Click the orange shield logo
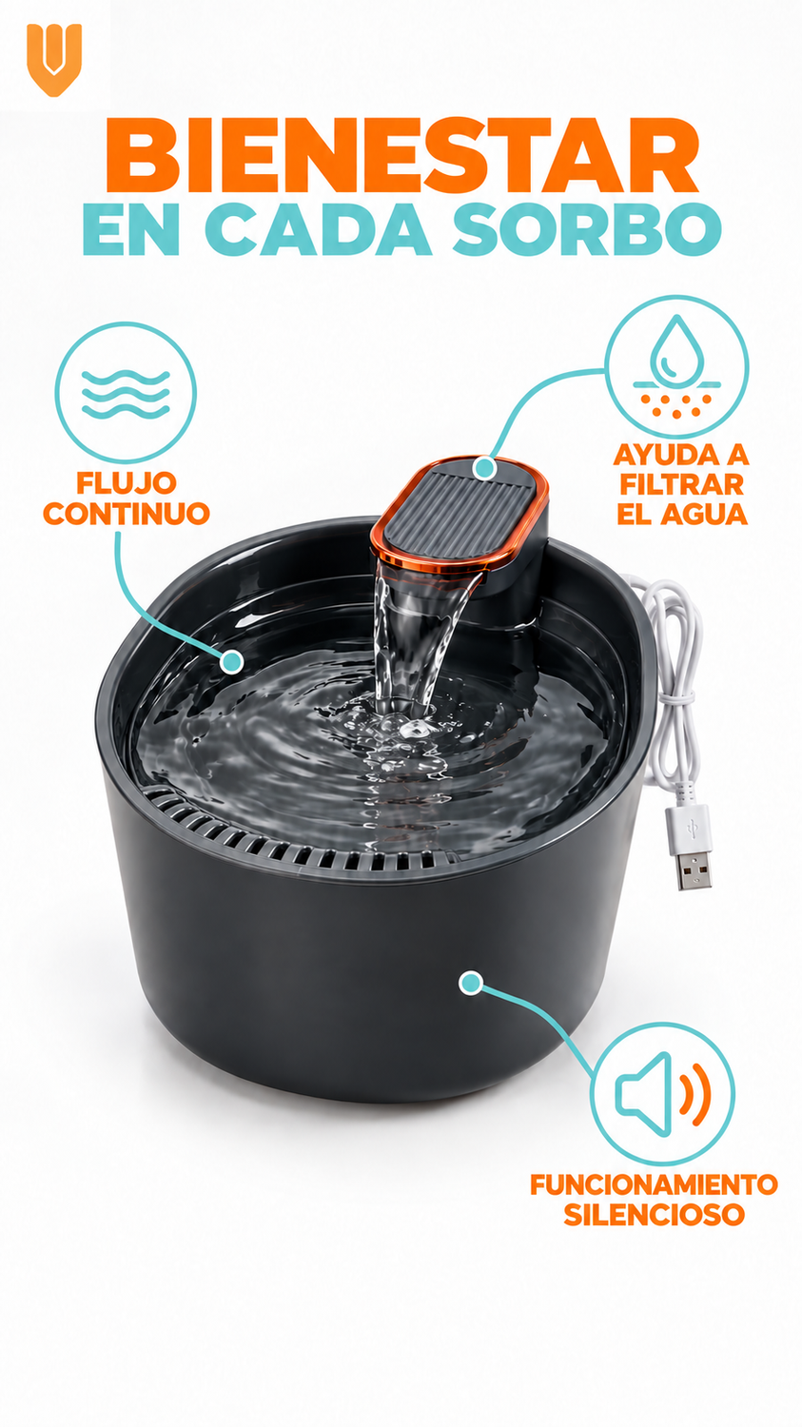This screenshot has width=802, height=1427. [54, 60]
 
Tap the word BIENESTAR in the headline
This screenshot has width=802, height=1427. [402, 156]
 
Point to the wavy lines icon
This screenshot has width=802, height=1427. [126, 394]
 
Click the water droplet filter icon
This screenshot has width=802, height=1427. [676, 366]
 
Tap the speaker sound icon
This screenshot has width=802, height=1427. [662, 1094]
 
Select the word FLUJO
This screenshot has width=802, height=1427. [127, 483]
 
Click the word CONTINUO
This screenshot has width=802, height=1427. [127, 514]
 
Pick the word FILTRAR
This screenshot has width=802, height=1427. [681, 485]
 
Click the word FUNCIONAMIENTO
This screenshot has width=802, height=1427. [655, 1185]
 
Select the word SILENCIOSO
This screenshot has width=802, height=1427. [655, 1215]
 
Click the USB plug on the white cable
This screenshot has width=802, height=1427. [690, 846]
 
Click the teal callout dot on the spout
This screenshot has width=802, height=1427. [485, 468]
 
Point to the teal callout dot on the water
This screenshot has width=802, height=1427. [232, 662]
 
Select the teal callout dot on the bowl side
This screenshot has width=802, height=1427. [470, 983]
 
